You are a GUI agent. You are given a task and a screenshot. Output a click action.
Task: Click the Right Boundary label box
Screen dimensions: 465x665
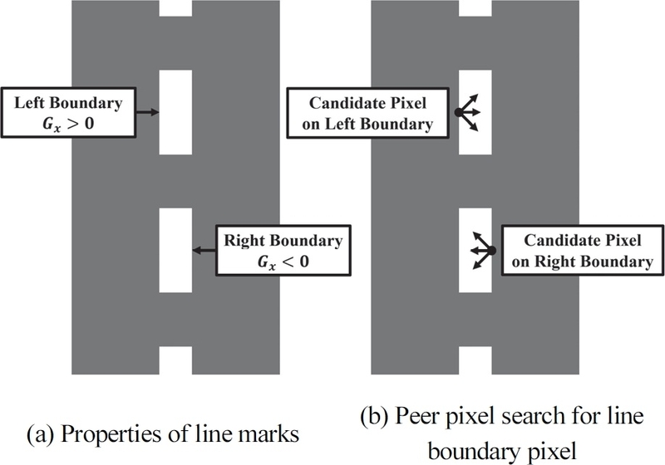pyautogui.click(x=283, y=250)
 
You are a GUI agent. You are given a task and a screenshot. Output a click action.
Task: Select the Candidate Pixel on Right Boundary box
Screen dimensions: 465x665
pyautogui.click(x=582, y=251)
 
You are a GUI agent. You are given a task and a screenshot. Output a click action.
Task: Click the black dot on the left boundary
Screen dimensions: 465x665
pyautogui.click(x=458, y=112)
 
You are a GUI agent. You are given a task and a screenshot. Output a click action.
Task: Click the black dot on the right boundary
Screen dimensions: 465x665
pyautogui.click(x=491, y=251)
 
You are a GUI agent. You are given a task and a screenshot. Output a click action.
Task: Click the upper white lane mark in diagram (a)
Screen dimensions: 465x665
pyautogui.click(x=175, y=112)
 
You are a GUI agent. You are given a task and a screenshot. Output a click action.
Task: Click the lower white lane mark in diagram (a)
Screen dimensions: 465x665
pyautogui.click(x=175, y=250)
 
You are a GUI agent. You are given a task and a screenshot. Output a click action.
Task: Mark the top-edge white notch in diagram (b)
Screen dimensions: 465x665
pyautogui.click(x=475, y=8)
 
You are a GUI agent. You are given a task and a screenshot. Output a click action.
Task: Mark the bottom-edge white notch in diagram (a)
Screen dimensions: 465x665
pyautogui.click(x=175, y=360)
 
